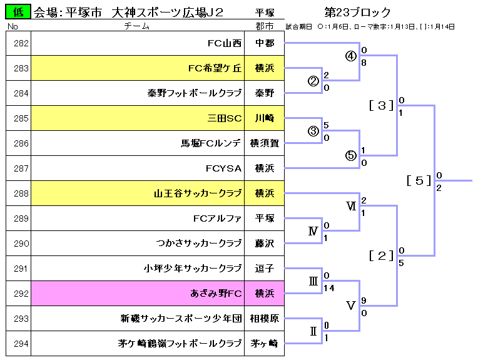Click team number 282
coord(21,43)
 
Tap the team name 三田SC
coord(225,118)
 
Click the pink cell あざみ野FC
coord(216,294)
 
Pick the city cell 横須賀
coord(264,143)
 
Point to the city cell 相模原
coord(264,319)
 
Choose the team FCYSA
coord(223,168)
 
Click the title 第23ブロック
coord(358,12)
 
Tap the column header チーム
coord(136,26)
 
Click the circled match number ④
coord(350,56)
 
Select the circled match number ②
coord(313,81)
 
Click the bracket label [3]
coord(380,105)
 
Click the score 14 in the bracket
coord(329,288)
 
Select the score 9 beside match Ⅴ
coord(364,300)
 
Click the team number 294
coord(21,344)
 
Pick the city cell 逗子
coord(264,269)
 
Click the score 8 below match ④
coord(364,63)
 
